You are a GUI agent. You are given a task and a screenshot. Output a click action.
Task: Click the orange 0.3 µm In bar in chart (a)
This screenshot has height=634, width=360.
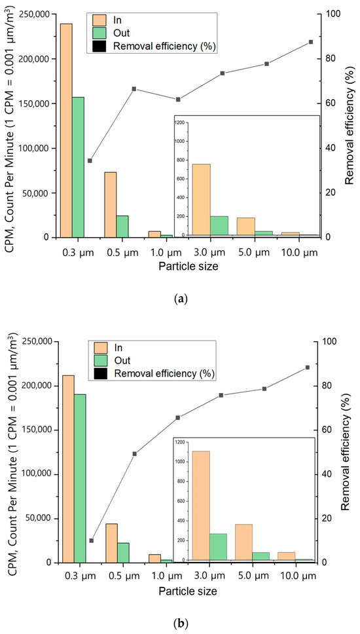coord(67,130)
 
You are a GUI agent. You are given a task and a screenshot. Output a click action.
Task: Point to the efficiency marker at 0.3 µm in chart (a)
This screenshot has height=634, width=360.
coord(90,160)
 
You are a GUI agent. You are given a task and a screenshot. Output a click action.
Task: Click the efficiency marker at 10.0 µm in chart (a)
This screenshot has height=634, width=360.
coord(311,42)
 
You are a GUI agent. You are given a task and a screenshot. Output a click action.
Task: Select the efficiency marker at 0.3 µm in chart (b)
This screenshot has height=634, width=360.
coord(91,540)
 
